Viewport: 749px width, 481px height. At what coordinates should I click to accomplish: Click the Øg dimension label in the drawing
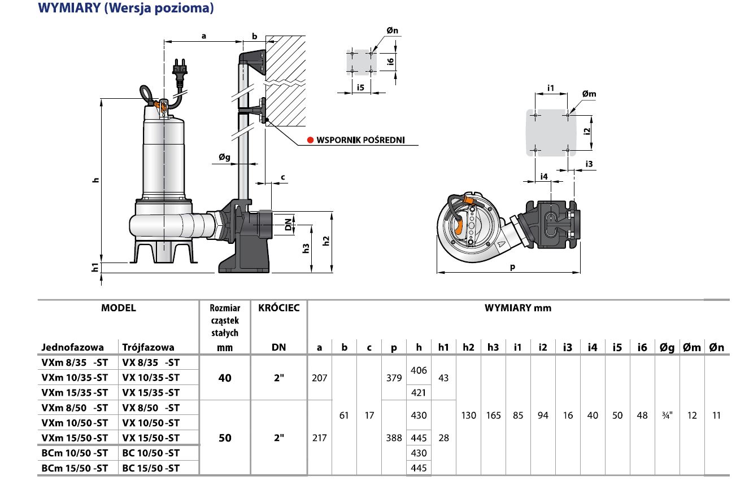[x=225, y=158]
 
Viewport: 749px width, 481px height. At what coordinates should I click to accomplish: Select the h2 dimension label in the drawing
[x=326, y=240]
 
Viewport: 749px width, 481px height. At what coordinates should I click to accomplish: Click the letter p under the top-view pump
[x=512, y=268]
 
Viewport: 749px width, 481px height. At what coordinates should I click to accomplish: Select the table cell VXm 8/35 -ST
[x=74, y=362]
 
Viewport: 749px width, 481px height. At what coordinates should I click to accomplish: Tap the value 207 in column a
[x=319, y=378]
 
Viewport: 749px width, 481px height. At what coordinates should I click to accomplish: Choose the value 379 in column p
[x=394, y=378]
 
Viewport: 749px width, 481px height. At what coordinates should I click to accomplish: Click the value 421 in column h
[x=419, y=392]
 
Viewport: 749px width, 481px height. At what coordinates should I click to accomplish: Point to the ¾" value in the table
[x=667, y=416]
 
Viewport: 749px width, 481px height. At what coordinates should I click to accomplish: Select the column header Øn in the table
[x=716, y=348]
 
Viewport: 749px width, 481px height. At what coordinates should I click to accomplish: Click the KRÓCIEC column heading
[x=278, y=308]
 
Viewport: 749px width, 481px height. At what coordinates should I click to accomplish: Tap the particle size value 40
[x=225, y=378]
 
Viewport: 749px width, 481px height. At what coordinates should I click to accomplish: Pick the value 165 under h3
[x=493, y=416]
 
